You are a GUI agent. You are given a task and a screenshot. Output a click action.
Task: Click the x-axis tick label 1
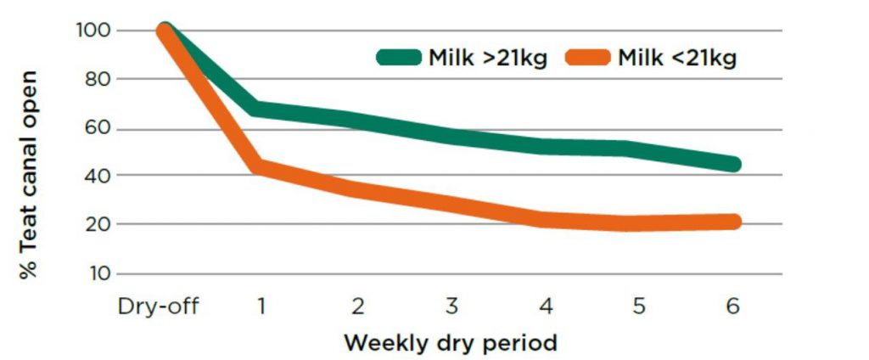(x=261, y=306)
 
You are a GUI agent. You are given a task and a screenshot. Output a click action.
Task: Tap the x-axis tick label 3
(x=451, y=306)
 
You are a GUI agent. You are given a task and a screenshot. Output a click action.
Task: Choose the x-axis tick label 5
(x=638, y=306)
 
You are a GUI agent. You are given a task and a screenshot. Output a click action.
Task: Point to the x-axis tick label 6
(x=732, y=306)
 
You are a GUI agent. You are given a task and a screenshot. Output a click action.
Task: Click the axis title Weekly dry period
(x=450, y=343)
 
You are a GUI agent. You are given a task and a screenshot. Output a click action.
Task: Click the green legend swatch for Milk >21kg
(x=398, y=58)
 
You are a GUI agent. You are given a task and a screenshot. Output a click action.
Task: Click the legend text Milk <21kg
(x=676, y=58)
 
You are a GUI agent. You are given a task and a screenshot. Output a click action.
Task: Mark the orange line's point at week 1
(x=260, y=166)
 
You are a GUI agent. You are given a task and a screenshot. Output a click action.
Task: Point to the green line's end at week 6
(x=733, y=164)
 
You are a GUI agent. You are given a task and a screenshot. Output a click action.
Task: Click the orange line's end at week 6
(x=733, y=222)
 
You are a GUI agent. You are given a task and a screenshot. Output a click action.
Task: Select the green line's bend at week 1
(x=260, y=110)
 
